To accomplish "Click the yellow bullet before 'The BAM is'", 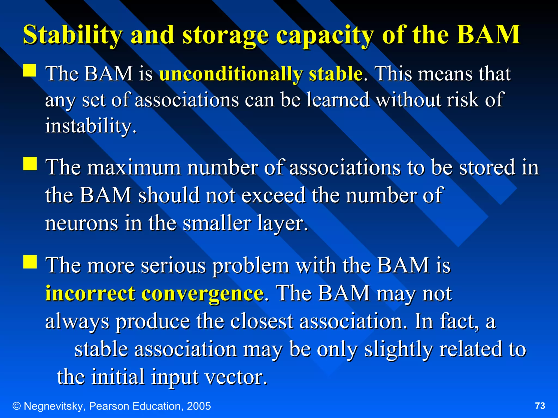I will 30,70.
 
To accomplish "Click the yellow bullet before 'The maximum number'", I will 30,164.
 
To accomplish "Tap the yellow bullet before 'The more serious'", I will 30,262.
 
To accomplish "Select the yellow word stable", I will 336,74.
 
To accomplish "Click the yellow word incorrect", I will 90,293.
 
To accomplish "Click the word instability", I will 90,126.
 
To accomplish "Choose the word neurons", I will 81,223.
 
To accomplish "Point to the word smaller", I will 217,223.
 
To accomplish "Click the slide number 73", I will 540,406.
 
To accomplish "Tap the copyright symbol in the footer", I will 17,406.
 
